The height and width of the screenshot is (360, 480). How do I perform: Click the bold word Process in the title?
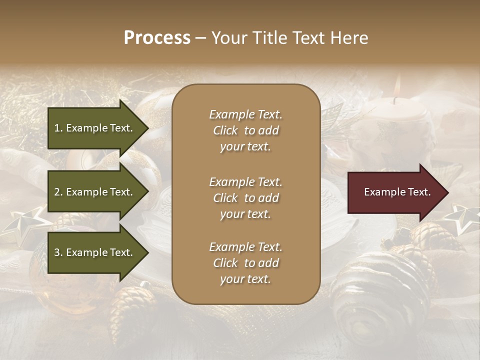coord(157,38)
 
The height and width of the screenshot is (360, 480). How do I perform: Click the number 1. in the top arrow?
coord(58,128)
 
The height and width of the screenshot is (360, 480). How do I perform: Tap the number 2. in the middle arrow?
coord(58,192)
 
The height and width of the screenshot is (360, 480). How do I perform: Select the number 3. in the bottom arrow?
coord(58,252)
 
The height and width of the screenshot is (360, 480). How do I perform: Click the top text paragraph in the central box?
coord(245,130)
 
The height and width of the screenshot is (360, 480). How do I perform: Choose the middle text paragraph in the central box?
coord(245,198)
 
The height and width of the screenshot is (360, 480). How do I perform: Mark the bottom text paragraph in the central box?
coord(245,263)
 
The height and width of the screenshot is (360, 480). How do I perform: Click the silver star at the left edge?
coord(22,222)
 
